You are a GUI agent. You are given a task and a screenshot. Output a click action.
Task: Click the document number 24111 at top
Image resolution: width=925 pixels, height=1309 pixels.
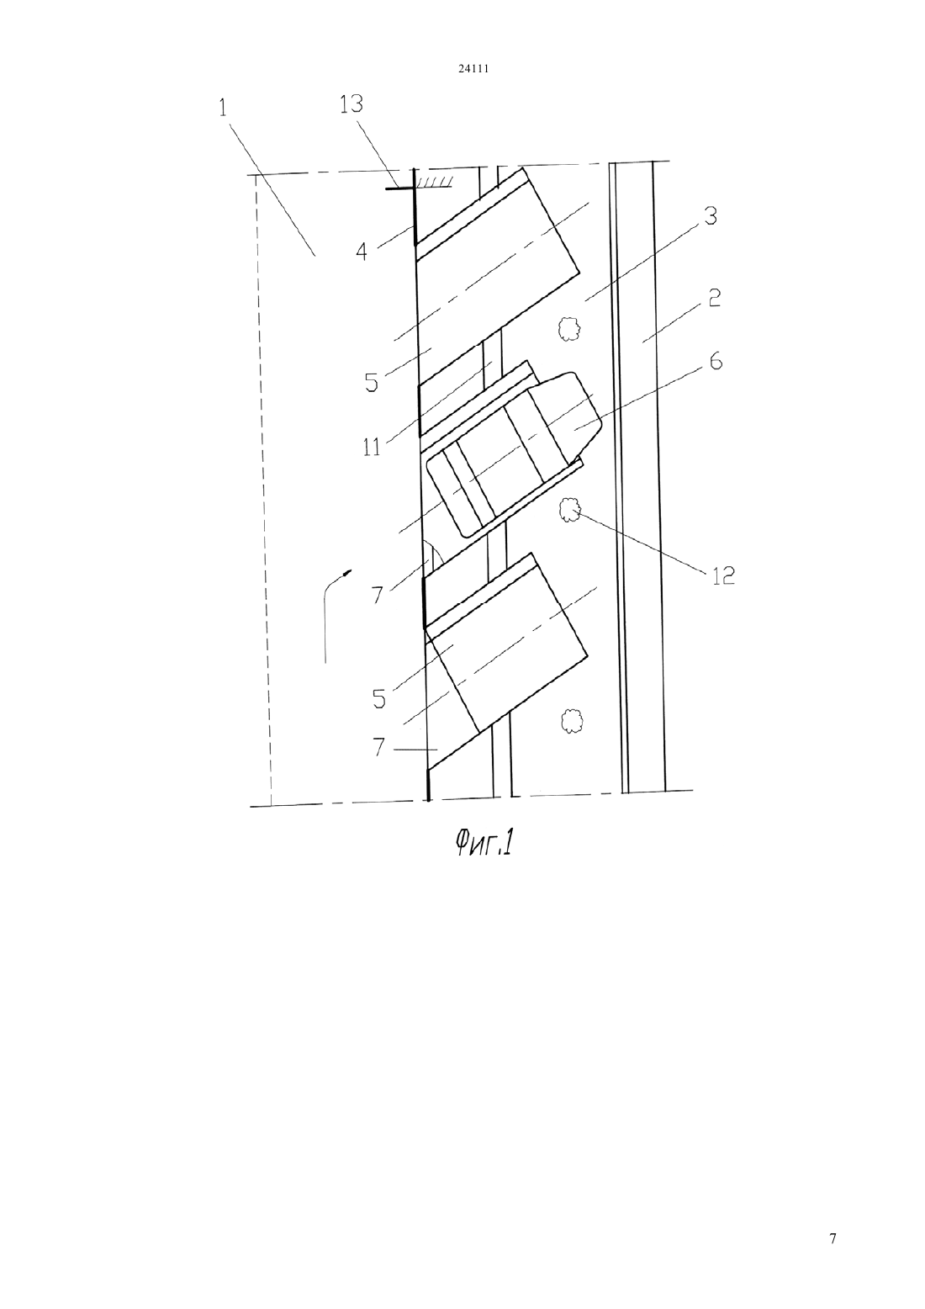tap(473, 69)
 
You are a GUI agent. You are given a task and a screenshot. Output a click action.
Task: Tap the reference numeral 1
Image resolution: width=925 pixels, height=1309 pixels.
tap(223, 109)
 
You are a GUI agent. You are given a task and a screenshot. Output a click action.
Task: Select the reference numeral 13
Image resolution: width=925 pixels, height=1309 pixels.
tap(351, 104)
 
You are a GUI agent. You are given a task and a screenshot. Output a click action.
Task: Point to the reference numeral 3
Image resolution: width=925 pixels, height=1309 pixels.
tap(710, 216)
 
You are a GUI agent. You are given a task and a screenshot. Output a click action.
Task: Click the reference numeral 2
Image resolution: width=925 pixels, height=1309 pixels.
tap(714, 298)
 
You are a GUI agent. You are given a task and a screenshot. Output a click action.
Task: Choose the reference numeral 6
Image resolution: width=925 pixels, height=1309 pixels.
tap(716, 362)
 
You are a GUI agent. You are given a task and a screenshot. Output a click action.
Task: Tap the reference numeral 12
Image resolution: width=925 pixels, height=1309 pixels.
tap(722, 576)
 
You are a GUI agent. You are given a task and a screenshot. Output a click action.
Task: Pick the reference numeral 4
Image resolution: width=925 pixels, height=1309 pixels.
tap(362, 252)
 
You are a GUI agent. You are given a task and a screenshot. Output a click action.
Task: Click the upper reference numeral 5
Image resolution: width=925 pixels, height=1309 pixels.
tap(372, 383)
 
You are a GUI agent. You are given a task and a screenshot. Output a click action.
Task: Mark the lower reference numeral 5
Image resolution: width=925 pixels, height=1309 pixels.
tap(379, 698)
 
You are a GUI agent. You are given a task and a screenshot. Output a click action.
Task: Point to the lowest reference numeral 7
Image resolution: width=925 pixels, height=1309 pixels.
tap(379, 747)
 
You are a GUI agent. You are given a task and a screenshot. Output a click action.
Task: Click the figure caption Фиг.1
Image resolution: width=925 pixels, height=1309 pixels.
tap(484, 845)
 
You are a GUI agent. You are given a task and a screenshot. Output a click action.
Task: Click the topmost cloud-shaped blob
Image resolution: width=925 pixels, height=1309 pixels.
tap(568, 329)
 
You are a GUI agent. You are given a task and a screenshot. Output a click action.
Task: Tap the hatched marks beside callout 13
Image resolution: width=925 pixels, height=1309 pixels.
tap(433, 184)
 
